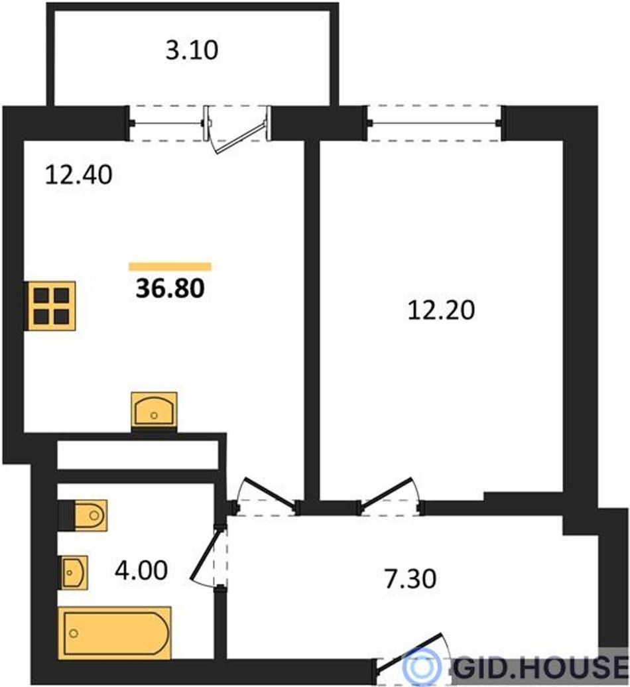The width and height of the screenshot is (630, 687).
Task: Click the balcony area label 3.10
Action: [x=192, y=50]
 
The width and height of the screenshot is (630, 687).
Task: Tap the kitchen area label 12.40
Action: [x=79, y=174]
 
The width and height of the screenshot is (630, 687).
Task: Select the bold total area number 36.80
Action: [x=170, y=288]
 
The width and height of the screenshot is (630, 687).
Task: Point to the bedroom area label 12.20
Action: [x=441, y=310]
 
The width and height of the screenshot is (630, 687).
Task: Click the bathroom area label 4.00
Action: [x=141, y=570]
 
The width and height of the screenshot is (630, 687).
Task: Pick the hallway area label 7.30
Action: [x=410, y=578]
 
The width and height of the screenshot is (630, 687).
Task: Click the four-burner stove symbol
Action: [x=50, y=306]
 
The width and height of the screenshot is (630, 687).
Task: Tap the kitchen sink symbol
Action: [x=155, y=410]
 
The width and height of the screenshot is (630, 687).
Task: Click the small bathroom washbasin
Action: [x=73, y=572]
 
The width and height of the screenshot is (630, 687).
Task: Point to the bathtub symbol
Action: [x=114, y=633]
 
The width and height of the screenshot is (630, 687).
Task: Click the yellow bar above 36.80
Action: [x=170, y=267]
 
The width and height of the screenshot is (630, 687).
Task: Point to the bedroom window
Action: [x=434, y=123]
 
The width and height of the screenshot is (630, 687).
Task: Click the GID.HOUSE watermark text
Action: [x=540, y=667]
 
